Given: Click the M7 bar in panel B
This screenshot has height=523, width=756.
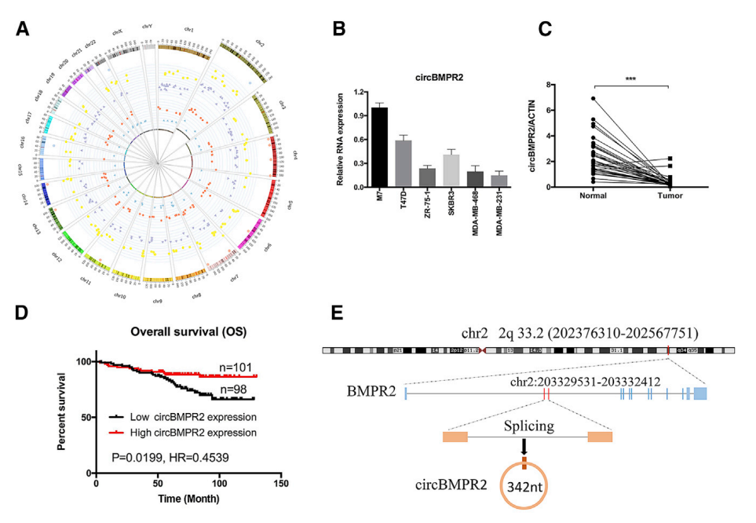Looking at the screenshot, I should (379, 147).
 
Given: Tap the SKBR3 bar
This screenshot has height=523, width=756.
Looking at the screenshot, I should (450, 170).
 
